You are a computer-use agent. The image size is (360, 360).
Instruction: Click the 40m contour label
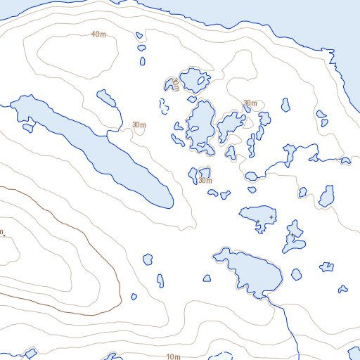pyautogui.click(x=98, y=34)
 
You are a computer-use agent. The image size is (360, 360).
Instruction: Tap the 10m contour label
pyautogui.click(x=173, y=357)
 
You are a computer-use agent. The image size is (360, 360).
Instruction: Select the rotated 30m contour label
pyautogui.click(x=176, y=84)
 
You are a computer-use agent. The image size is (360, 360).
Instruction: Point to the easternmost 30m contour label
pyautogui.click(x=250, y=103)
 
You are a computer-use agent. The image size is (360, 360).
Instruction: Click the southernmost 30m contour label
pyautogui.click(x=205, y=181)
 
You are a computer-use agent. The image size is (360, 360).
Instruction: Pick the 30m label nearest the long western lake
pyautogui.click(x=139, y=125)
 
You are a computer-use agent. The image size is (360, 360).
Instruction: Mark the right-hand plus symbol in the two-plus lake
pyautogui.click(x=271, y=218)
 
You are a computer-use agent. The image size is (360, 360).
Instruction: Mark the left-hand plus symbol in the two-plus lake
pyautogui.click(x=257, y=223)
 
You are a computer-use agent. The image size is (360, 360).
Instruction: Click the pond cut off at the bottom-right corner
pyautogui.click(x=351, y=352)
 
